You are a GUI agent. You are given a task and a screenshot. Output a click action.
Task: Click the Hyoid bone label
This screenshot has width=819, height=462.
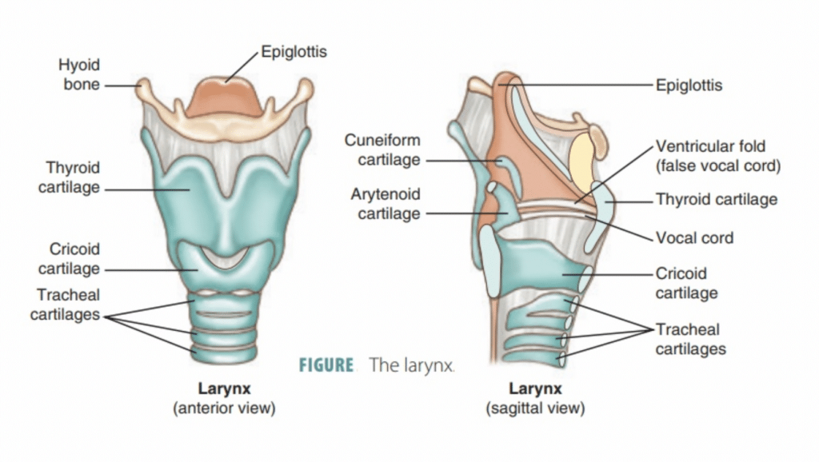click(79, 74)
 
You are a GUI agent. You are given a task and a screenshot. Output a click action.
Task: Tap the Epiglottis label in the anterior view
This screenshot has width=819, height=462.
click(294, 52)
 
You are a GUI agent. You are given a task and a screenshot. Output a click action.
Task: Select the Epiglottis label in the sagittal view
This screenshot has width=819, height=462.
click(689, 85)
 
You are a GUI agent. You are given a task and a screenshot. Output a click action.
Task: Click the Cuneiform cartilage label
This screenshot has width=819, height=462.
click(382, 149)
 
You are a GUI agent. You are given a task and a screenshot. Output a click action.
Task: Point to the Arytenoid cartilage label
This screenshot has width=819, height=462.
click(386, 204)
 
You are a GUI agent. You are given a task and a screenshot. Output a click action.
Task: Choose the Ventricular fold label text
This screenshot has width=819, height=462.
click(718, 156)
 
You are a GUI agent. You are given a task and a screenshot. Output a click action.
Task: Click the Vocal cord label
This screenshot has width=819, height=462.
click(695, 238)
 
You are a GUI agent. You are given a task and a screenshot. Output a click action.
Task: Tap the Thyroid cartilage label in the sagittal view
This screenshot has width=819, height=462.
click(717, 199)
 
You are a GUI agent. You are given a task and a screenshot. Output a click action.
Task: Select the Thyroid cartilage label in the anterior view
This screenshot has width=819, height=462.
click(69, 177)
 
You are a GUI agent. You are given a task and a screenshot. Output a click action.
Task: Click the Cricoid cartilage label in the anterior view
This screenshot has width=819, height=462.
click(69, 259)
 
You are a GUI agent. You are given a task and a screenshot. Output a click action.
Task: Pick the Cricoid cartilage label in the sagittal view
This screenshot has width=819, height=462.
click(686, 283)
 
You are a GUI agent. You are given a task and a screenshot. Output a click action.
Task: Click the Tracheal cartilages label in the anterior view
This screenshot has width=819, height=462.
click(66, 305)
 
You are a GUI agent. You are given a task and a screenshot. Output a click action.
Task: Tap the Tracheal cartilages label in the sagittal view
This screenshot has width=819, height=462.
click(690, 340)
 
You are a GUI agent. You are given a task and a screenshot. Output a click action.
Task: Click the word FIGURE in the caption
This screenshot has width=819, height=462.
click(326, 365)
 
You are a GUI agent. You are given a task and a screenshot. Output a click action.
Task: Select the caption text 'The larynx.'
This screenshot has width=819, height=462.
click(412, 365)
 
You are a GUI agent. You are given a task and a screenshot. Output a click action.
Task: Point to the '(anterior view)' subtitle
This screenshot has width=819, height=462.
click(224, 408)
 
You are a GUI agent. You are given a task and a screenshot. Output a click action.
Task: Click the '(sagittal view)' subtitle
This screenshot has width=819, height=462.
click(535, 408)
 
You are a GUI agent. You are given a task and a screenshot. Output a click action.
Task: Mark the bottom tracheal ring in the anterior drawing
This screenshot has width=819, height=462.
click(224, 353)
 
